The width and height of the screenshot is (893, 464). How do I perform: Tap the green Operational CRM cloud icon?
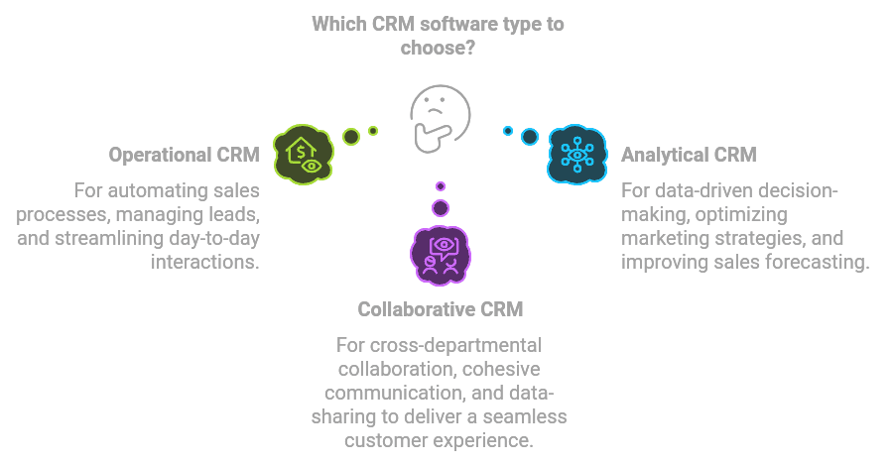pos(303,154)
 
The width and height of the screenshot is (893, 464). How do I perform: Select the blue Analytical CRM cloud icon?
pos(576,154)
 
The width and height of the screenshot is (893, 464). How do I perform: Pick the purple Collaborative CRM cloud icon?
pos(440,252)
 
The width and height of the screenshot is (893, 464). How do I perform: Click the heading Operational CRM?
pos(184,156)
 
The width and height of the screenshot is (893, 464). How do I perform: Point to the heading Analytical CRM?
pos(689,155)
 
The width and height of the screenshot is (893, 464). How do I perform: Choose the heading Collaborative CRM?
pos(441,309)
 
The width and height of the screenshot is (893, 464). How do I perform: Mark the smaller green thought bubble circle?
pos(373,130)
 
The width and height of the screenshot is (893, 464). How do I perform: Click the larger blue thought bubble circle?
pos(530,136)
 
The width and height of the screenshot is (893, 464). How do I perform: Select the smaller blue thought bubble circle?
pos(508,130)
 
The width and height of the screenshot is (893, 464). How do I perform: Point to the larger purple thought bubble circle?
pos(441,207)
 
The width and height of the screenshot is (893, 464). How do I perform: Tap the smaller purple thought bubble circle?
pos(441,185)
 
